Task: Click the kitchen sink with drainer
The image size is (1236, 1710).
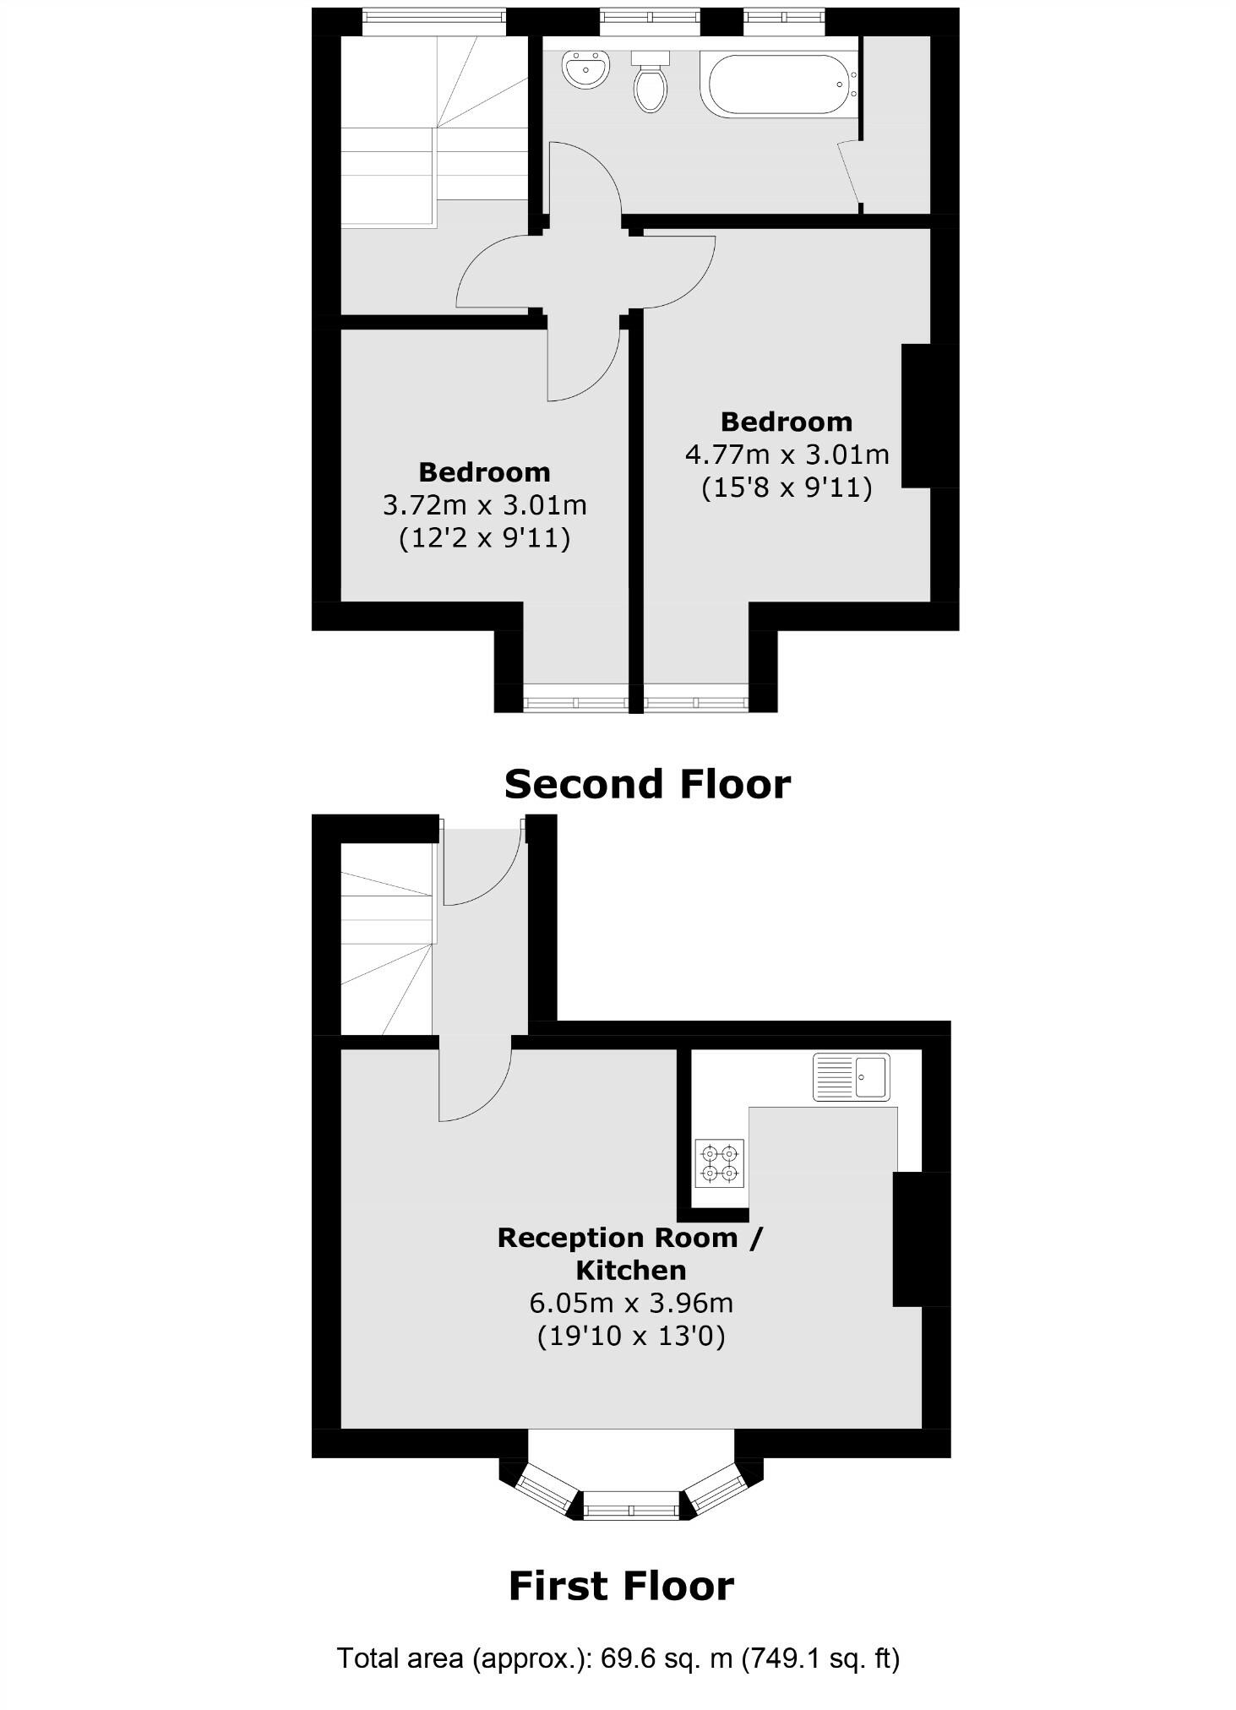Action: [851, 1076]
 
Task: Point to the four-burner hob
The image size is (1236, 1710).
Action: [720, 1163]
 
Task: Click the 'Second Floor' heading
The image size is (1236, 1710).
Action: [647, 784]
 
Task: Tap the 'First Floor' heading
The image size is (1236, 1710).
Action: [621, 1586]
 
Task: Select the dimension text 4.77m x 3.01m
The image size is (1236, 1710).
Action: [787, 455]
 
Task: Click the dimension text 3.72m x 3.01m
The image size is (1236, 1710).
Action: [484, 505]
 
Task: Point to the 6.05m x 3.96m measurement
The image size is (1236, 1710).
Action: [631, 1303]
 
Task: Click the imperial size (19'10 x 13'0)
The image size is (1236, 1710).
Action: [631, 1336]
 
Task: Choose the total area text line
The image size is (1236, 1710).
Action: [618, 1658]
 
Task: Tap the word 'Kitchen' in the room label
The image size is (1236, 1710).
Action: [630, 1270]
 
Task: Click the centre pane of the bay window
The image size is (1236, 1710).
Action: [631, 1504]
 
